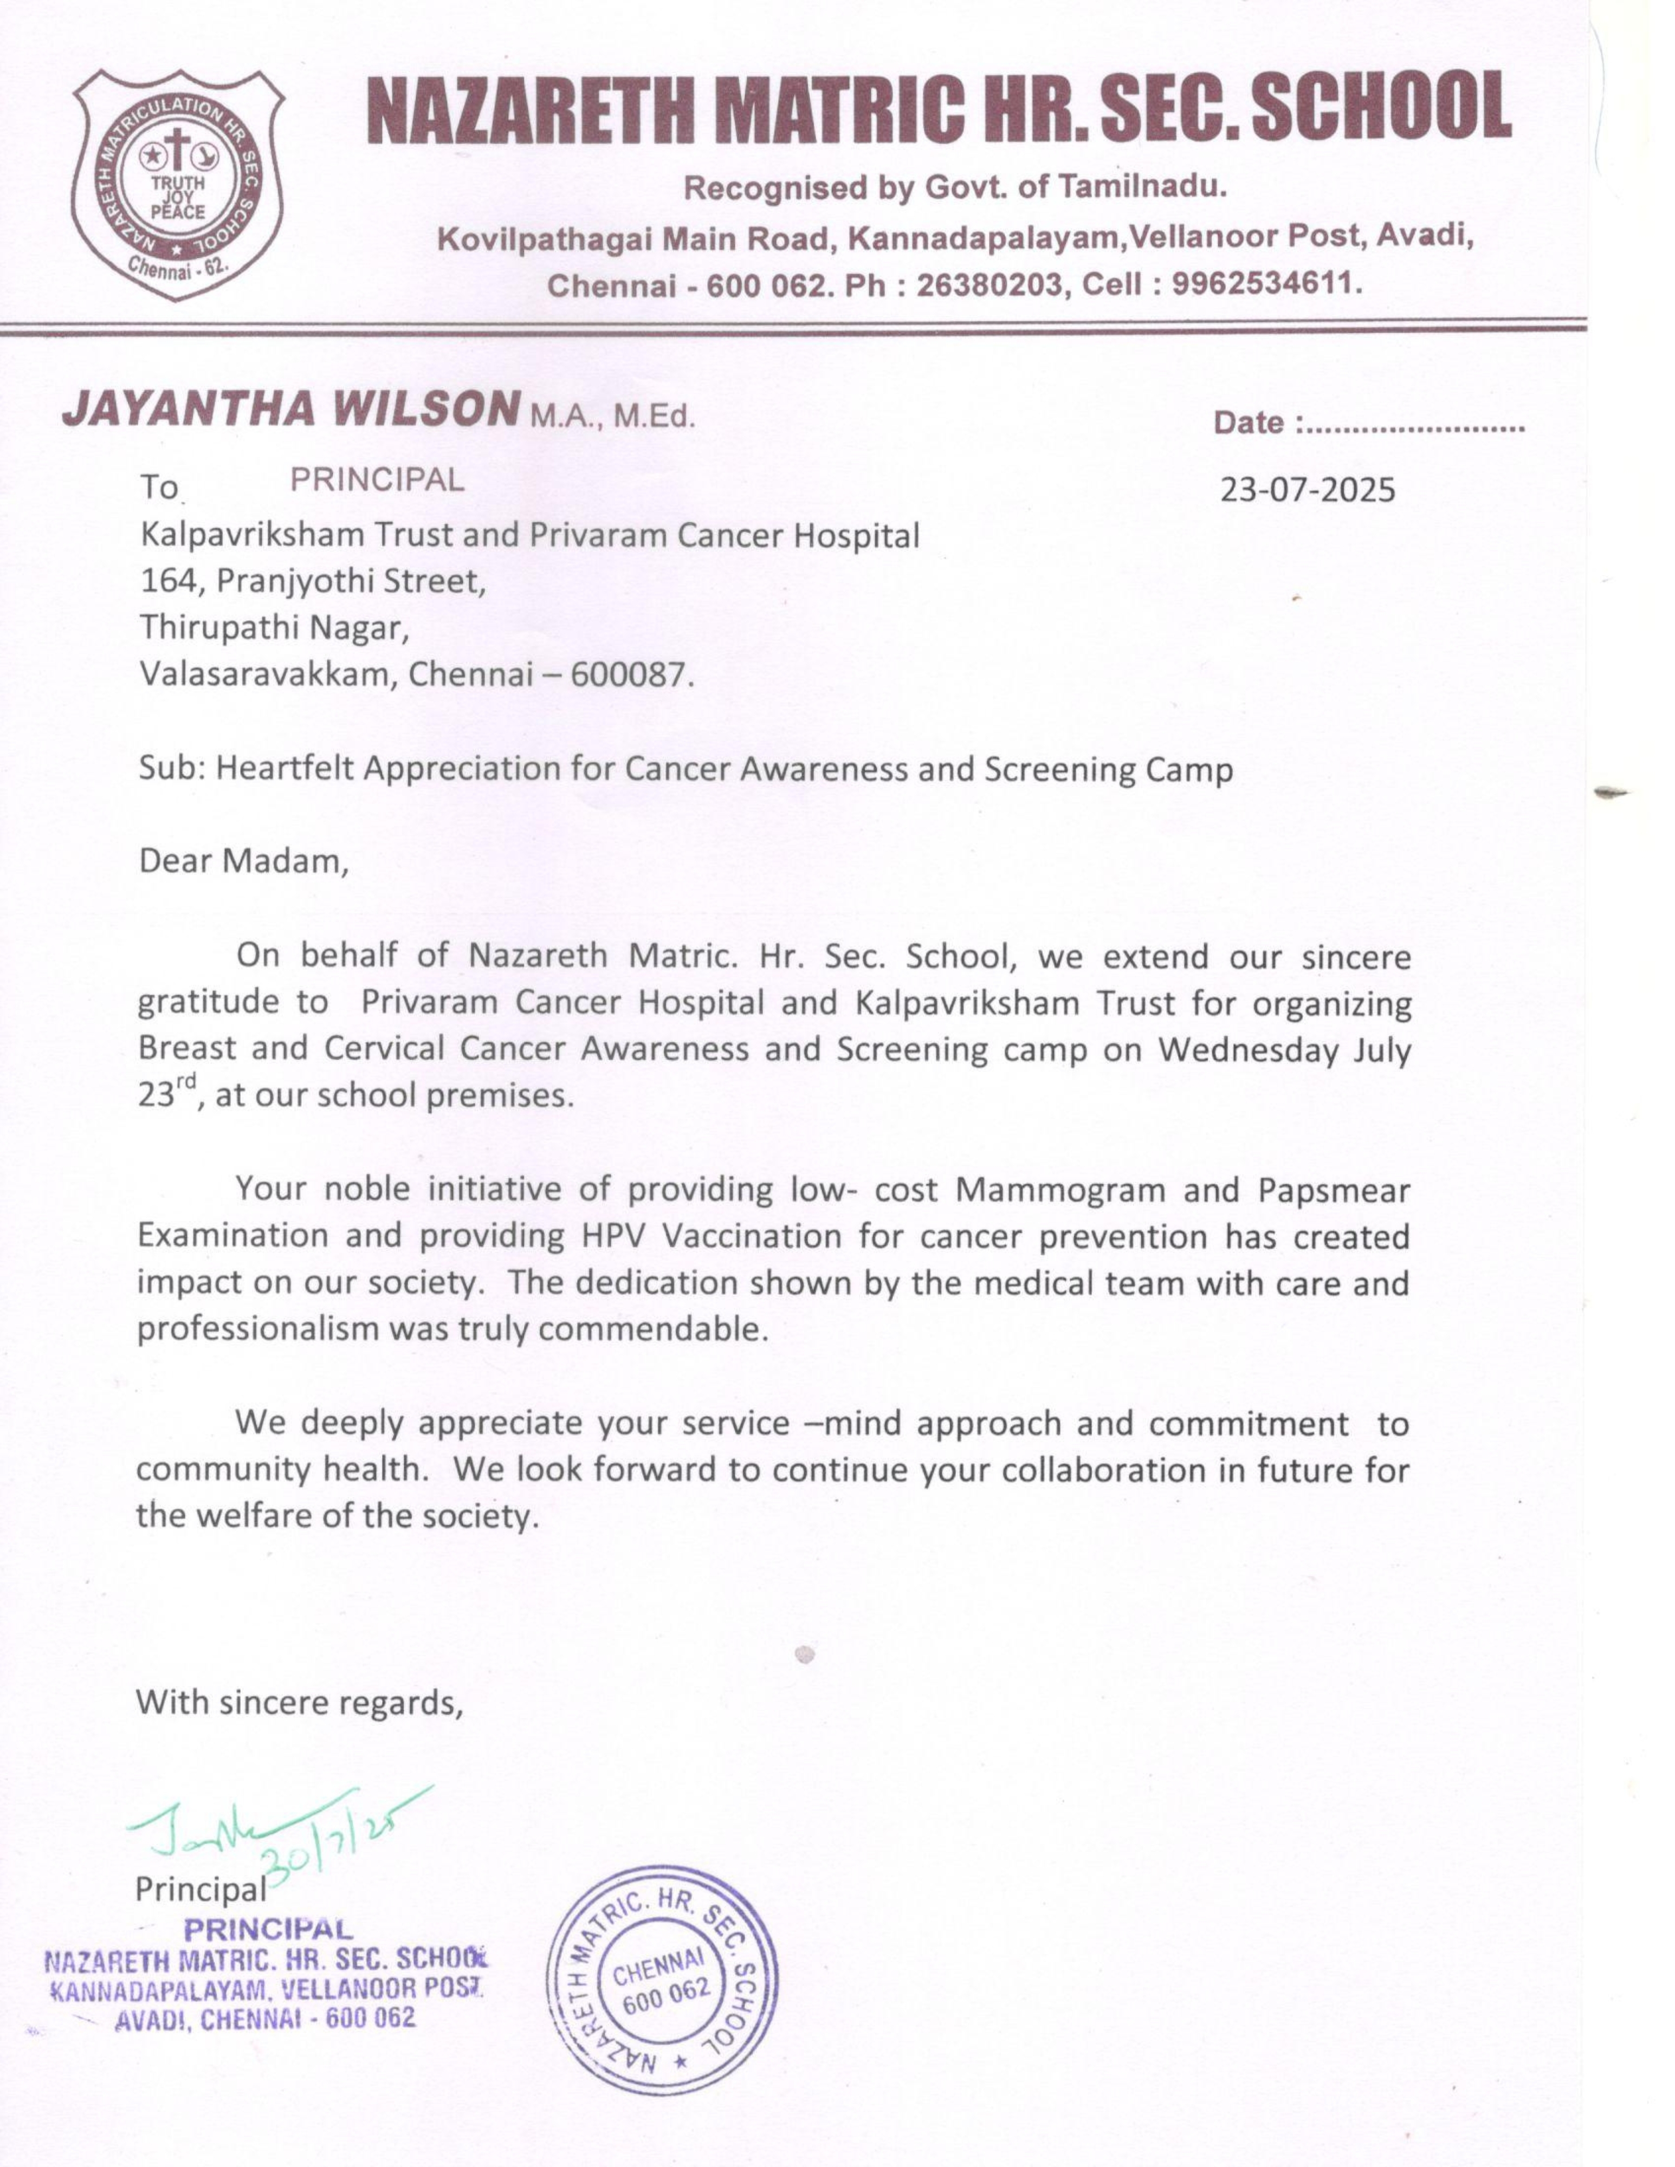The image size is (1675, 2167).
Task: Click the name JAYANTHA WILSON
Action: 291,409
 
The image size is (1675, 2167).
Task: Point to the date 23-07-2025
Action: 1307,490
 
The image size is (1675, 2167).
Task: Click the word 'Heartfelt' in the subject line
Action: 285,769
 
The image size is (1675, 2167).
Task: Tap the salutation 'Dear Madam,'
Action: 244,860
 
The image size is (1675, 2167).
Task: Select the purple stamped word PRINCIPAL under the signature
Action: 268,1929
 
